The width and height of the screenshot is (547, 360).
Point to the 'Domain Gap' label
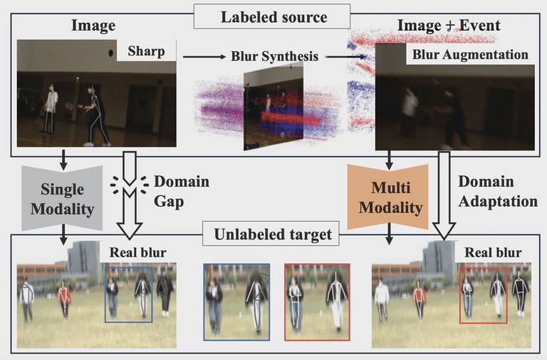[x=181, y=191]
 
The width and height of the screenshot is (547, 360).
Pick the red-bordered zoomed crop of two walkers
[x=317, y=301]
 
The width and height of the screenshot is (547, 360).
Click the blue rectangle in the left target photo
[x=128, y=294]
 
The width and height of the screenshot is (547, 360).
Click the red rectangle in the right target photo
[x=484, y=294]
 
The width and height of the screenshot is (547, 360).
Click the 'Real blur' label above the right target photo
[x=493, y=253]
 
